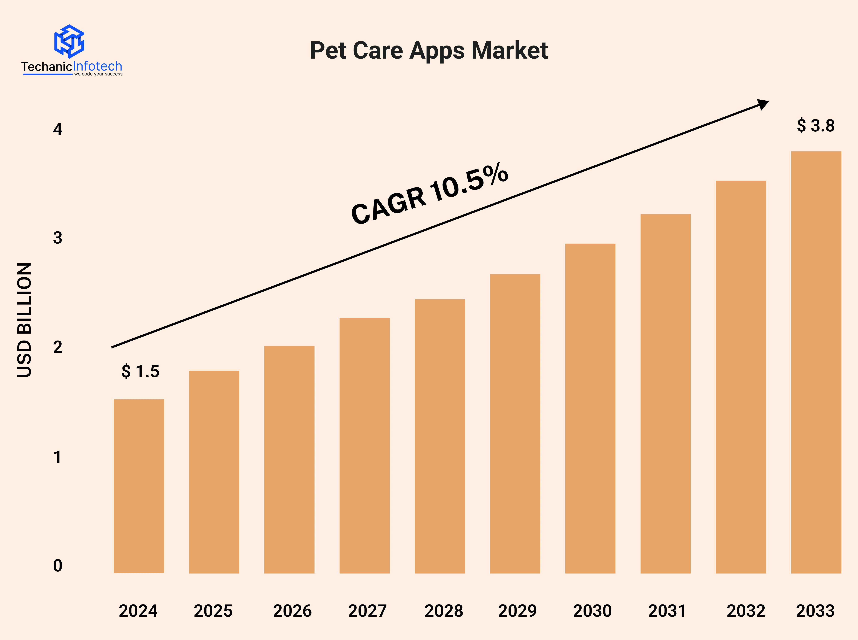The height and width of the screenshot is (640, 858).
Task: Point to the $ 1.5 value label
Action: tap(140, 371)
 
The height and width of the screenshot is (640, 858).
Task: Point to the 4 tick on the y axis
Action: tap(58, 129)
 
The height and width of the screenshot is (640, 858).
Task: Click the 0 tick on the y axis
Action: tap(58, 566)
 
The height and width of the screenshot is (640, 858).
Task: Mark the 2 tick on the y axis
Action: tap(58, 347)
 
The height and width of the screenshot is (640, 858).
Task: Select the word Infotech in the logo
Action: tap(98, 66)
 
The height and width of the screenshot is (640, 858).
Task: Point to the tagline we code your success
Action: tap(98, 74)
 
